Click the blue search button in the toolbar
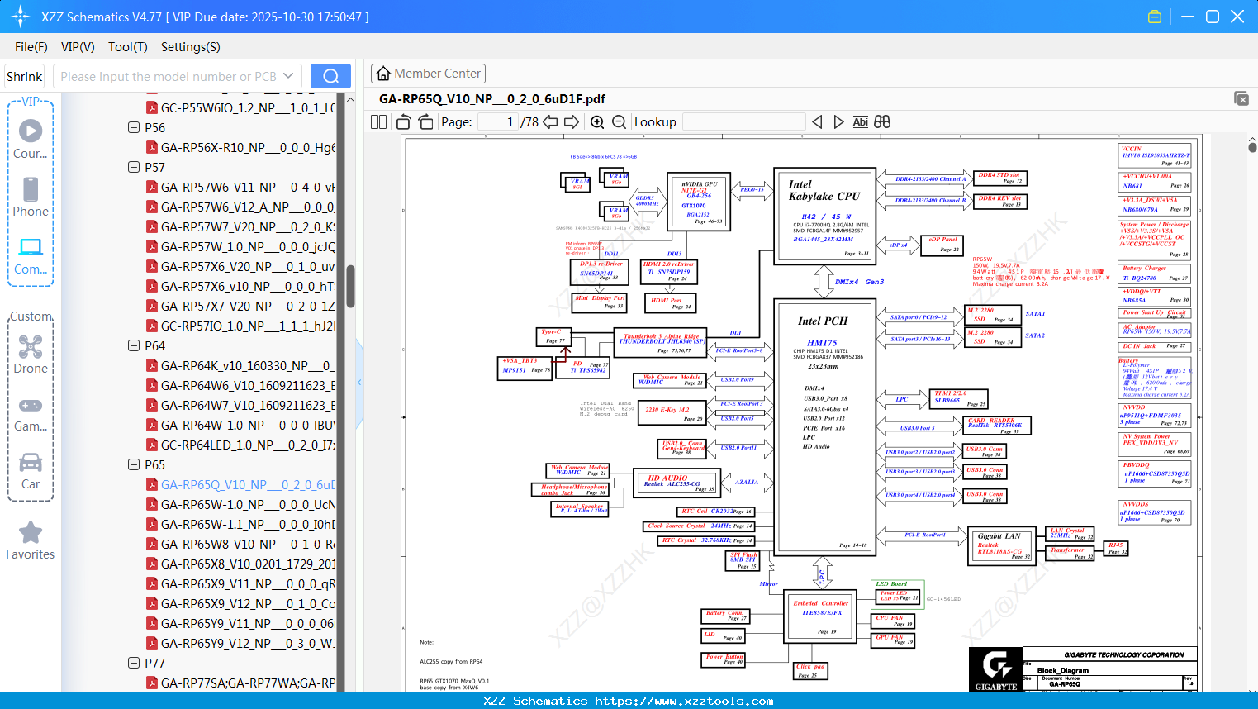click(x=330, y=76)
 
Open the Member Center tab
click(x=428, y=74)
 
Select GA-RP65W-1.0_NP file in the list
click(x=248, y=504)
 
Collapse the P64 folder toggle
click(x=134, y=345)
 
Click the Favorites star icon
click(x=31, y=533)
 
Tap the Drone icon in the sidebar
click(x=31, y=348)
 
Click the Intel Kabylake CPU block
click(x=824, y=215)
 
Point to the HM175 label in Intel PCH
click(x=822, y=342)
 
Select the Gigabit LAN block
click(x=999, y=546)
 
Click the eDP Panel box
click(x=942, y=245)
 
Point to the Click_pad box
click(x=809, y=670)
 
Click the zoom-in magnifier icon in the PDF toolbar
click(x=597, y=122)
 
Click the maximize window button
click(x=1213, y=17)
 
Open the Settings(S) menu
click(x=190, y=47)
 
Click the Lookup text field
click(x=743, y=122)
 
